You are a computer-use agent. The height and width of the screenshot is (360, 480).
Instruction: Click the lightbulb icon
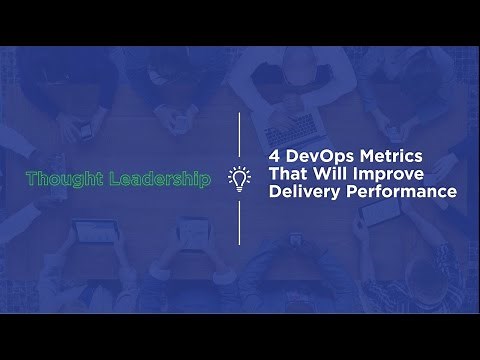239,179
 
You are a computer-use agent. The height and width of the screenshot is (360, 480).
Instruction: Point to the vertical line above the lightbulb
239,135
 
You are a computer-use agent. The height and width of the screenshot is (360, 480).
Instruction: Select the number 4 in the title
276,157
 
